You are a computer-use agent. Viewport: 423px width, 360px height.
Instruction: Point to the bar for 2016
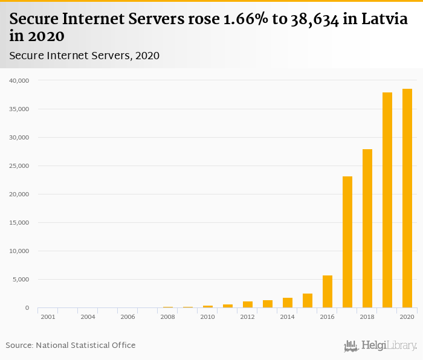point(328,292)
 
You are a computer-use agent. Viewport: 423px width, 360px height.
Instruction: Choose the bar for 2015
point(308,301)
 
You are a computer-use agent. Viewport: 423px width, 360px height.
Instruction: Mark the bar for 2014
point(288,303)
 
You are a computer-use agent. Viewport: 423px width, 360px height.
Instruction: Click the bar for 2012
point(248,304)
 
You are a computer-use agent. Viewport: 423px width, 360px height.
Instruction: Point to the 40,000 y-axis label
point(19,80)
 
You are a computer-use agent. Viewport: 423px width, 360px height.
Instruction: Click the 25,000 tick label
point(19,166)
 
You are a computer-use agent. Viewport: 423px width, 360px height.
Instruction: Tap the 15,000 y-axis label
point(19,223)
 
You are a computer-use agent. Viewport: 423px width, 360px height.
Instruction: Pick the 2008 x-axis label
point(168,317)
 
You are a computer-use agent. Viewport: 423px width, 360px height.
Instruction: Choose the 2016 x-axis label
point(328,317)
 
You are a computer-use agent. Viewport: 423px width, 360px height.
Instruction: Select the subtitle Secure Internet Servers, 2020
point(84,56)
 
